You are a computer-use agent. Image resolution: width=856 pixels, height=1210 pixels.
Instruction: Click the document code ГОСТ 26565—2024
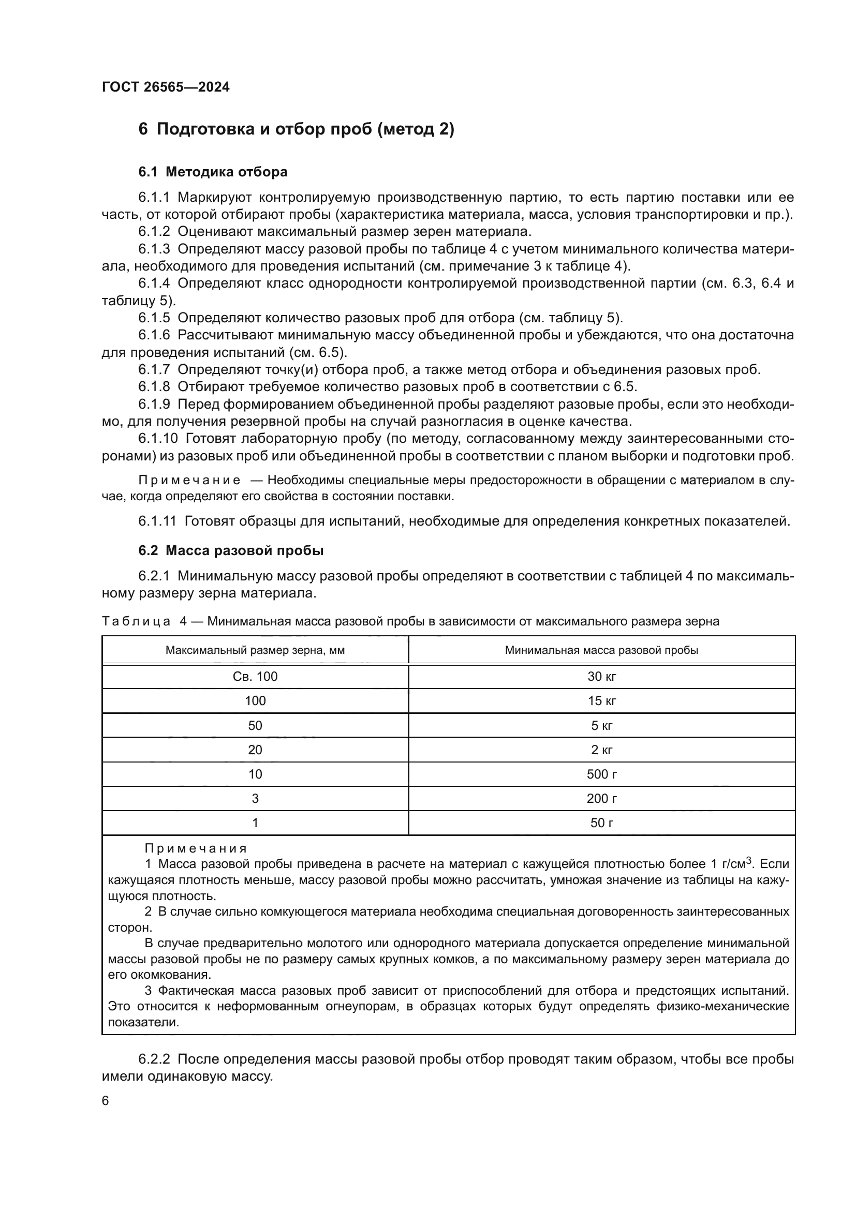(166, 87)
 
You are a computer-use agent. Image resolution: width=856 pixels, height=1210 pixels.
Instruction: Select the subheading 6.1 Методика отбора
(213, 172)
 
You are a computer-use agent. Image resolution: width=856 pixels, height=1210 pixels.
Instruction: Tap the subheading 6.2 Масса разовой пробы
(231, 551)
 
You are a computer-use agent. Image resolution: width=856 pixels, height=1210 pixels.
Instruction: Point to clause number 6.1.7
(154, 369)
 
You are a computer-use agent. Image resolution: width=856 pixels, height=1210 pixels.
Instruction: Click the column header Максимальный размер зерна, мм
(255, 650)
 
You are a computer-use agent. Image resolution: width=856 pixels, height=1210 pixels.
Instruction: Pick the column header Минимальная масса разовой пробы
(601, 650)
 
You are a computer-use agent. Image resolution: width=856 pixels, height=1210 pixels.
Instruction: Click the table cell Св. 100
(255, 677)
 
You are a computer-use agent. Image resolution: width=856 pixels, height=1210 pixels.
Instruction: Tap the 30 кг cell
(601, 677)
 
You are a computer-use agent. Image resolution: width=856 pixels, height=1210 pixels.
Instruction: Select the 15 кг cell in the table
(601, 701)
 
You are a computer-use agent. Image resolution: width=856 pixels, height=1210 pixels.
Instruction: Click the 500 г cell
(601, 774)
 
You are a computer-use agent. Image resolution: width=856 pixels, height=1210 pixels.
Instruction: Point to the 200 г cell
(601, 798)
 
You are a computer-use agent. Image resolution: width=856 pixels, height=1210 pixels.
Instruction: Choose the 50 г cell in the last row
(601, 823)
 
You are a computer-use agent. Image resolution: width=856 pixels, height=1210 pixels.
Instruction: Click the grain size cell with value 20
(255, 750)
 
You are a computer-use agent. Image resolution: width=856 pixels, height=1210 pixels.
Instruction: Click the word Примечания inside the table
(196, 848)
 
